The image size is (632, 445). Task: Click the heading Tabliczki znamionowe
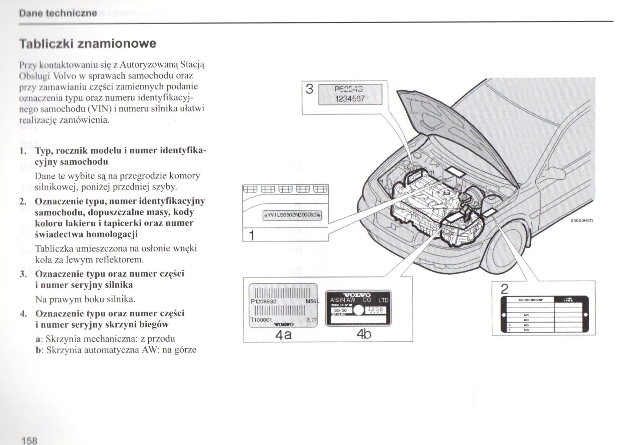[88, 43]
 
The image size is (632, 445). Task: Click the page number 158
[29, 440]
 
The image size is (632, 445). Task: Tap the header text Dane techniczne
[58, 13]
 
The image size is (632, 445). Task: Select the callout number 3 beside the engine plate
[309, 89]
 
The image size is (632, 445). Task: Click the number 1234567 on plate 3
[350, 99]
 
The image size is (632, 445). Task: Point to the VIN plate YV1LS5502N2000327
[292, 215]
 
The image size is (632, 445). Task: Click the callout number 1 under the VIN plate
[252, 236]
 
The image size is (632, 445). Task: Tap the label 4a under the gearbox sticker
[283, 335]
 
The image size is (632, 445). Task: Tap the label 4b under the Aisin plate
[364, 334]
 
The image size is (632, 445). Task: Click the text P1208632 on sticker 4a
[264, 302]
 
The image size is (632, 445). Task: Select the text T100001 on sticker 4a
[261, 320]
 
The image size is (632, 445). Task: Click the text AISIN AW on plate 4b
[342, 300]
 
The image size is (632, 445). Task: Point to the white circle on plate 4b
[359, 310]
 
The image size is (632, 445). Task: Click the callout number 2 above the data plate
[504, 289]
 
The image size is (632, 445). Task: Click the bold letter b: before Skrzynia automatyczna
[39, 350]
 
